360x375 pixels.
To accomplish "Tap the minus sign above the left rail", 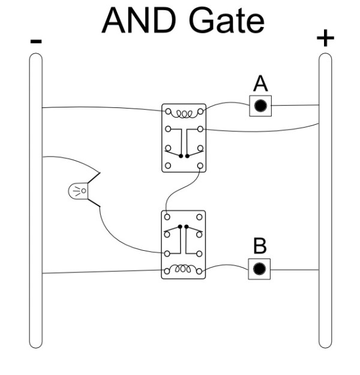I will pyautogui.click(x=36, y=41).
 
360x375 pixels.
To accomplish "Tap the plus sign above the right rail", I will pyautogui.click(x=325, y=38).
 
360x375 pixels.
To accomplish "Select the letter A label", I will pyautogui.click(x=260, y=83).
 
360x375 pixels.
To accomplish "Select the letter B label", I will pyautogui.click(x=260, y=246).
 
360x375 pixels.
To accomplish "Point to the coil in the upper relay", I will pyautogui.click(x=184, y=113).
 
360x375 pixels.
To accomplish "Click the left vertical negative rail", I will pyautogui.click(x=36, y=198).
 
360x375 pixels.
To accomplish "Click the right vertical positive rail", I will pyautogui.click(x=325, y=198).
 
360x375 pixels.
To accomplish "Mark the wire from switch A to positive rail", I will pyautogui.click(x=294, y=106).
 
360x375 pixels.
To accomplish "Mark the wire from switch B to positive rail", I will pyautogui.click(x=294, y=269).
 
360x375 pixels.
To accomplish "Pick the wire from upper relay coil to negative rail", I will pyautogui.click(x=102, y=108).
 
